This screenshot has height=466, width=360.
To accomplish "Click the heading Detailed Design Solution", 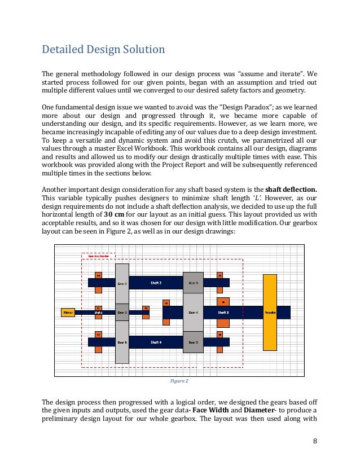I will tap(104, 50).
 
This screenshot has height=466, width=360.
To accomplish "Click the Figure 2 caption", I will tap(179, 381).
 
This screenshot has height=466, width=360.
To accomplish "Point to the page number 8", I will tap(315, 441).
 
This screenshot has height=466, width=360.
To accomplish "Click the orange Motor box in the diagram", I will tap(68, 311).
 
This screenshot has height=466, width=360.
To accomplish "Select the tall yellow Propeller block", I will tap(270, 311).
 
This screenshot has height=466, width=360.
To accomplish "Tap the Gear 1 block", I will tap(122, 311).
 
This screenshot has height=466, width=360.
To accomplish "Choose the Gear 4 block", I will tap(193, 311).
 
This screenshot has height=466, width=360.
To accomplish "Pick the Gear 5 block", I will tap(193, 342).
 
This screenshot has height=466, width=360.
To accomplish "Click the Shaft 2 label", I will tap(156, 282).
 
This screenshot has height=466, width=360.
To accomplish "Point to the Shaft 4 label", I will tap(156, 342).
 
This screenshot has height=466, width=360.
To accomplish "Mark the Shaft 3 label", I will tap(223, 311).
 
